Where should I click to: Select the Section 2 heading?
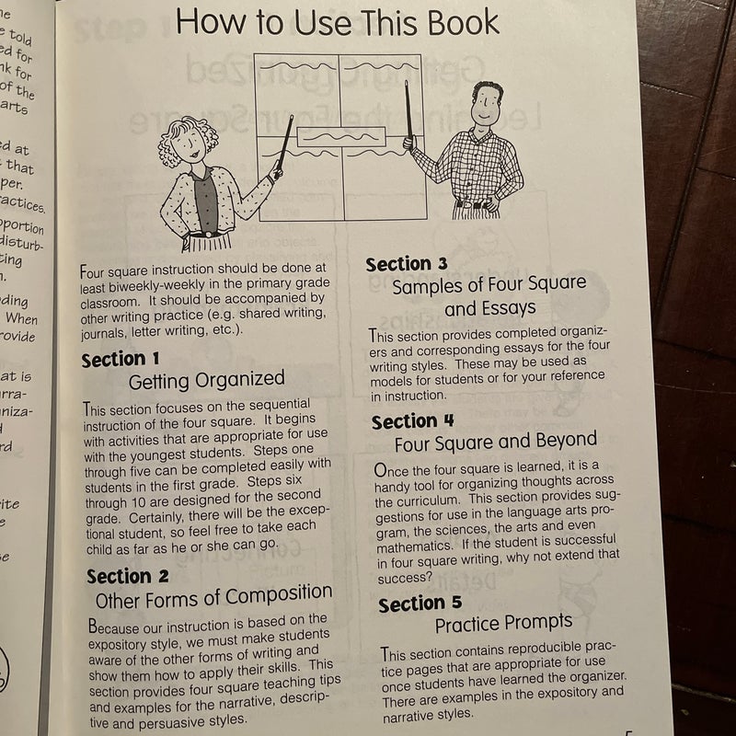[128, 576]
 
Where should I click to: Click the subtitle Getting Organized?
[206, 379]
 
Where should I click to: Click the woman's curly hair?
[188, 131]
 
